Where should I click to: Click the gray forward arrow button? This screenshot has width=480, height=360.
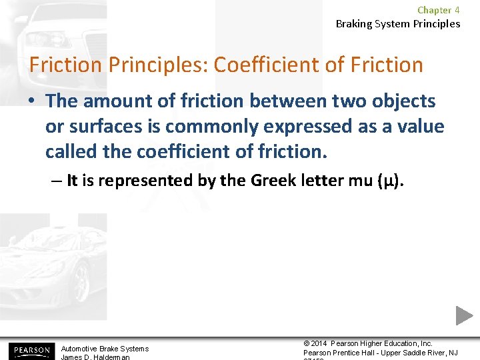click(464, 315)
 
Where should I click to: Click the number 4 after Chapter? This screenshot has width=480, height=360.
click(457, 10)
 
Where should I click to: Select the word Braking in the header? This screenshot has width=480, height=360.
click(355, 23)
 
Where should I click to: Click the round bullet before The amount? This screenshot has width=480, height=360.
click(33, 102)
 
